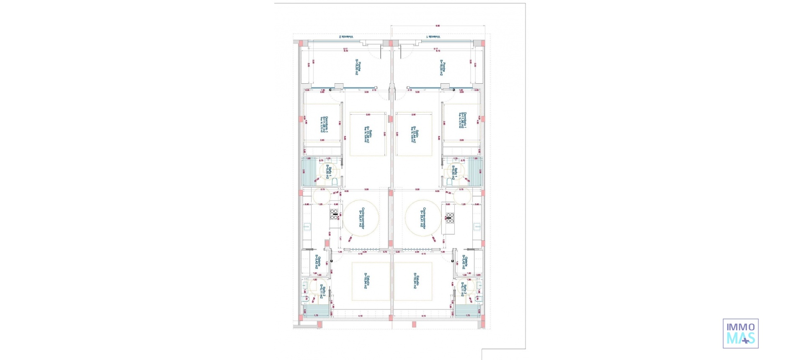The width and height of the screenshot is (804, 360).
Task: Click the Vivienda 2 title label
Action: point(346,37)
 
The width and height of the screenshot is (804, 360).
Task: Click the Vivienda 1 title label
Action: point(433,37)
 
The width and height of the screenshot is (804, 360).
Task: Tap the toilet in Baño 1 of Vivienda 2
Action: point(335,182)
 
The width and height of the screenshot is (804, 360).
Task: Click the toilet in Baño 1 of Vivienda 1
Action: point(450,182)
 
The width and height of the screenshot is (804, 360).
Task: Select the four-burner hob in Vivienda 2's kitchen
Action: point(334,214)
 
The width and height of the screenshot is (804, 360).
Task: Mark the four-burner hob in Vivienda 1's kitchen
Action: point(450,218)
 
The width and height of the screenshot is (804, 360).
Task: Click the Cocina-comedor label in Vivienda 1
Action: point(423,218)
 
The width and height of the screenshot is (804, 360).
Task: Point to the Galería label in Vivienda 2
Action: point(318,262)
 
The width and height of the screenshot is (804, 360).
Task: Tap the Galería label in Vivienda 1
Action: point(465,262)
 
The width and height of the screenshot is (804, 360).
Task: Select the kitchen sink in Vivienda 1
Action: point(477,226)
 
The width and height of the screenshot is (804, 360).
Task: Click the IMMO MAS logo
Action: point(740,334)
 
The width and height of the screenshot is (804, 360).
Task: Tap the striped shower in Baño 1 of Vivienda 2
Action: point(309,171)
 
